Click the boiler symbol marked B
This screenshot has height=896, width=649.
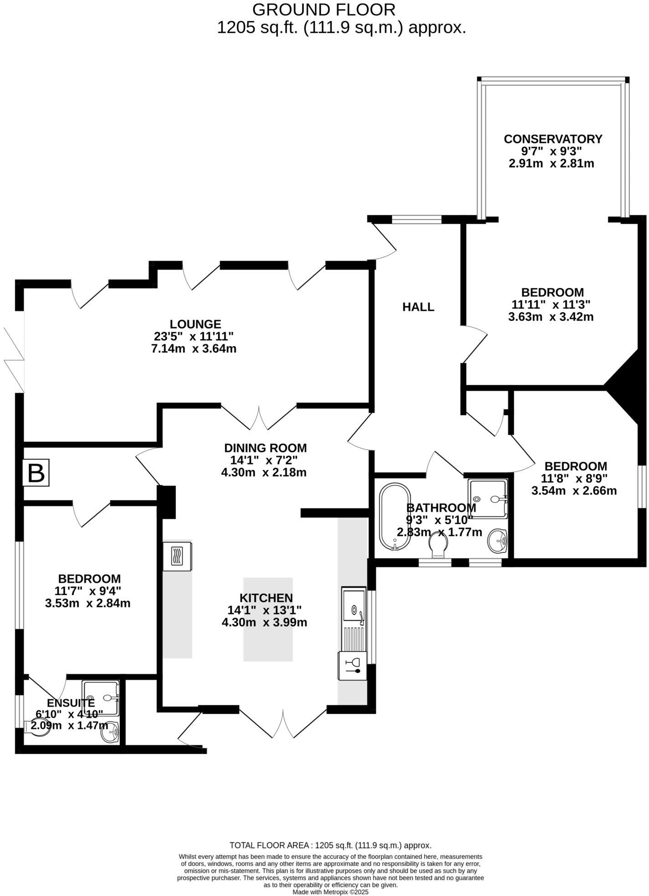pyautogui.click(x=36, y=473)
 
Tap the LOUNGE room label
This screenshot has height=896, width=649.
pyautogui.click(x=196, y=324)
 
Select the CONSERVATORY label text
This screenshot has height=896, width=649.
pyautogui.click(x=553, y=139)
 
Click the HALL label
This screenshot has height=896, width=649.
pyautogui.click(x=418, y=307)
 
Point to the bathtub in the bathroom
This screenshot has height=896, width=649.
pyautogui.click(x=395, y=517)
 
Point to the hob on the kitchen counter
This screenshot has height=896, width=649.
pyautogui.click(x=178, y=556)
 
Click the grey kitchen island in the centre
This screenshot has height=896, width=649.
pyautogui.click(x=268, y=619)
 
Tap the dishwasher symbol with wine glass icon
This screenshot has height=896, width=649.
pyautogui.click(x=352, y=666)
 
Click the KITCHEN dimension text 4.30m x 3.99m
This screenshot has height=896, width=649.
pyautogui.click(x=264, y=622)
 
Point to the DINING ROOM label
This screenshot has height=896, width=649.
pyautogui.click(x=265, y=448)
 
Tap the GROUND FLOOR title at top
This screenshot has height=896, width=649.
pyautogui.click(x=324, y=9)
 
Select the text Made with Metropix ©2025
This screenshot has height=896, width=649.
pyautogui.click(x=330, y=892)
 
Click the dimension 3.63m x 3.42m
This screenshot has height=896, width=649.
pyautogui.click(x=551, y=316)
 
